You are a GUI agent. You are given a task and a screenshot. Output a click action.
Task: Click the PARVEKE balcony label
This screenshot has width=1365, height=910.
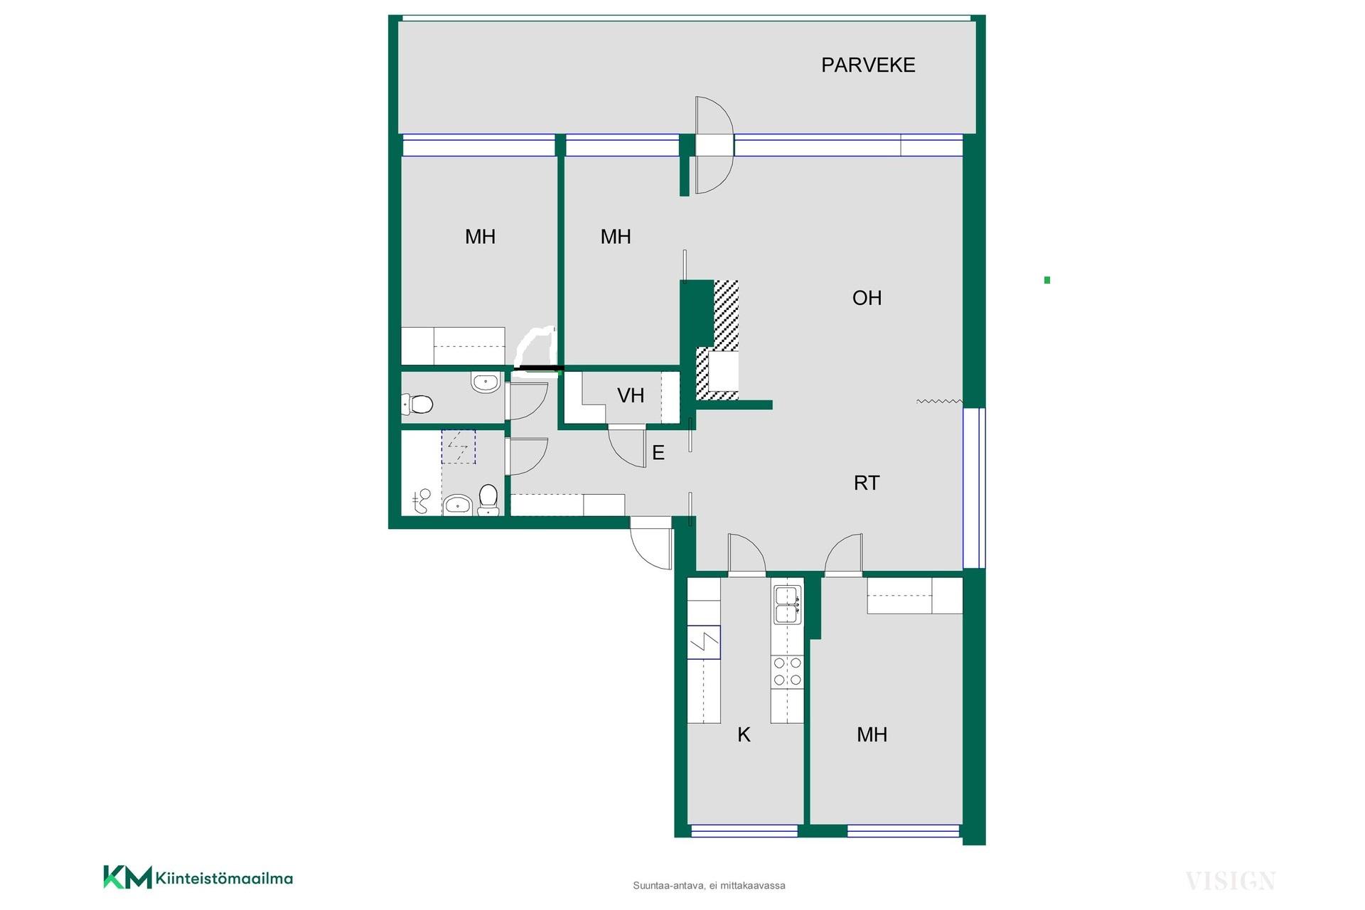click(868, 65)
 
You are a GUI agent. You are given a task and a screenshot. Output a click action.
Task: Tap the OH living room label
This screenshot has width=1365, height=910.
click(867, 298)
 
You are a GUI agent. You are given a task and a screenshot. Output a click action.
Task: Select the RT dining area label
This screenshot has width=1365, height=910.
click(867, 483)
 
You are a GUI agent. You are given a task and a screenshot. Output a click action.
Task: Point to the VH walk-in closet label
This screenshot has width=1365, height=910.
click(631, 395)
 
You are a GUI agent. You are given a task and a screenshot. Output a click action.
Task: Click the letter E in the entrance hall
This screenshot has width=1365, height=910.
click(658, 453)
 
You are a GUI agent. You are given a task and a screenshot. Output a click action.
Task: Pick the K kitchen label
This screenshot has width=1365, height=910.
click(744, 734)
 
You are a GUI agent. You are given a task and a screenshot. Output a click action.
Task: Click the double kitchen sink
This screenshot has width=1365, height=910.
click(788, 604)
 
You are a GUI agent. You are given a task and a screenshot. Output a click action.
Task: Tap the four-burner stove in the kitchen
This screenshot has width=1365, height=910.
click(788, 671)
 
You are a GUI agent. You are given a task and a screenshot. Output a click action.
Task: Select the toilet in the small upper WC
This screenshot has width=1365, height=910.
click(417, 405)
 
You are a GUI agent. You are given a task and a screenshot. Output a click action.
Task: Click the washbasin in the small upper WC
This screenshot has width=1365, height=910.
click(486, 383)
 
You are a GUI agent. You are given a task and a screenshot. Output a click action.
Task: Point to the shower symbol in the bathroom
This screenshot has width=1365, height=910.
click(459, 446)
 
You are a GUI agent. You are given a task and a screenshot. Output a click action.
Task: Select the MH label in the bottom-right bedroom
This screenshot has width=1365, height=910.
click(872, 734)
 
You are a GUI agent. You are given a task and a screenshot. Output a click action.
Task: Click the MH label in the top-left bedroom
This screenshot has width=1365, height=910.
click(480, 237)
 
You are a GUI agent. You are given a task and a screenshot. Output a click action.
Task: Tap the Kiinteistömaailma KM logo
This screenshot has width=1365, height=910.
click(198, 877)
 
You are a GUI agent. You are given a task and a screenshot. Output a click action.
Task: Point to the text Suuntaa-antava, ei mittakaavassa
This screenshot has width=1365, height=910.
click(709, 886)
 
